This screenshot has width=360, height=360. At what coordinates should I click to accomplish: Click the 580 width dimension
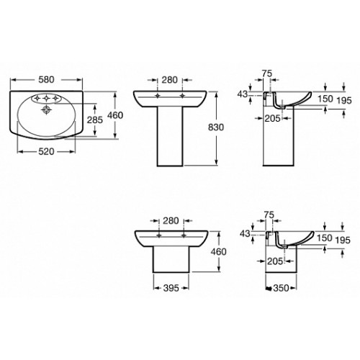pyautogui.click(x=46, y=80)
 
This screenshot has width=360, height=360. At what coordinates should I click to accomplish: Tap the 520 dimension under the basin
pyautogui.click(x=46, y=152)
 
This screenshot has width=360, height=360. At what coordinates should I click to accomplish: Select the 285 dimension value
pyautogui.click(x=95, y=120)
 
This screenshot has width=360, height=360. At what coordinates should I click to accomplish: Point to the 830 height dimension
pyautogui.click(x=216, y=127)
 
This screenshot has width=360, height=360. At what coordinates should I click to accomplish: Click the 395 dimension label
pyautogui.click(x=171, y=288)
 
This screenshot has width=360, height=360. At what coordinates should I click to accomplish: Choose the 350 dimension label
pyautogui.click(x=281, y=288)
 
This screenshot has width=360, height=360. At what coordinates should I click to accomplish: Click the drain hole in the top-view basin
pyautogui.click(x=46, y=110)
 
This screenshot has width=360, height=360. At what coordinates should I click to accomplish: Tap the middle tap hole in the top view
pyautogui.click(x=46, y=98)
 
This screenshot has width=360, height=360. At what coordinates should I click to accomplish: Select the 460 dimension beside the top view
pyautogui.click(x=115, y=115)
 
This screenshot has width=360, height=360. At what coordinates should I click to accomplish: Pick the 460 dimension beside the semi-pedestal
pyautogui.click(x=218, y=252)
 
